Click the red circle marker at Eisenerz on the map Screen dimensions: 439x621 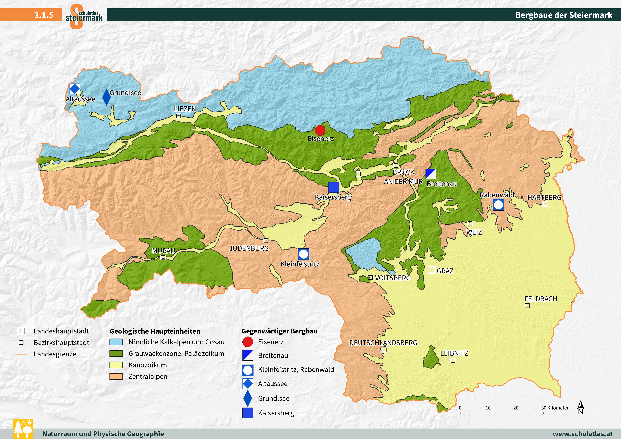320,130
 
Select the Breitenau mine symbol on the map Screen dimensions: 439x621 431,174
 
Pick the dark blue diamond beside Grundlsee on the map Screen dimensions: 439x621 107,97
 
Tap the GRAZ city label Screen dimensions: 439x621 445,271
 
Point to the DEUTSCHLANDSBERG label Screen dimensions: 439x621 383,343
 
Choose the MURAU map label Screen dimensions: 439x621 163,251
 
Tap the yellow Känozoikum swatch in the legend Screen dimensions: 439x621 116,365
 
